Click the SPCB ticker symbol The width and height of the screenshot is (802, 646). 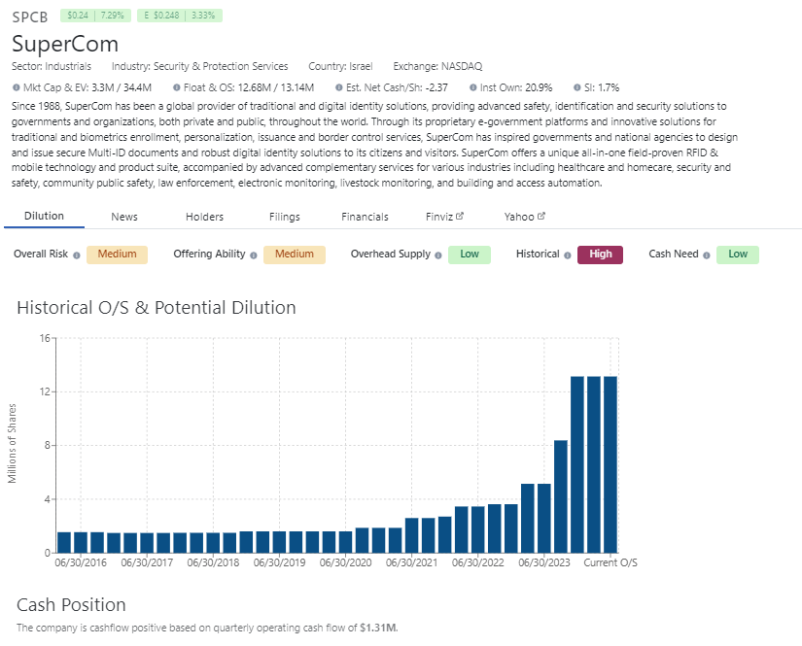point(30,17)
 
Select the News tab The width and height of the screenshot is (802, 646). point(124,217)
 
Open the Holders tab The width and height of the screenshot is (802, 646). point(205,217)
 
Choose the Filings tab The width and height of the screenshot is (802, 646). point(285,217)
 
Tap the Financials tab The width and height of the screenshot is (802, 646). point(365,217)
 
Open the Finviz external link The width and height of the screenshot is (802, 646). point(444,217)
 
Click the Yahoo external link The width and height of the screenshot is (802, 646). point(524,217)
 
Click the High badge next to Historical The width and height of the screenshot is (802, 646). point(600,255)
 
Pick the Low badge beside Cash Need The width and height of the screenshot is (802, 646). point(738,255)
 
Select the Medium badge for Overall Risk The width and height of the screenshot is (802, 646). point(117,255)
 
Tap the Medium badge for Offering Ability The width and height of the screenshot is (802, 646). point(294,255)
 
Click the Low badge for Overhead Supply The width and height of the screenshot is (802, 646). point(470,255)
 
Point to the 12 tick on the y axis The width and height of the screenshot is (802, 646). point(44,391)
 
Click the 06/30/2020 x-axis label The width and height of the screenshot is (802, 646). point(346,562)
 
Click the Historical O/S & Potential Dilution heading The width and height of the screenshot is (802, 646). point(157,308)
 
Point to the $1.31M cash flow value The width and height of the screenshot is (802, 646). point(378,628)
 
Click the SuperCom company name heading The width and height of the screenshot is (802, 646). point(65,44)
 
